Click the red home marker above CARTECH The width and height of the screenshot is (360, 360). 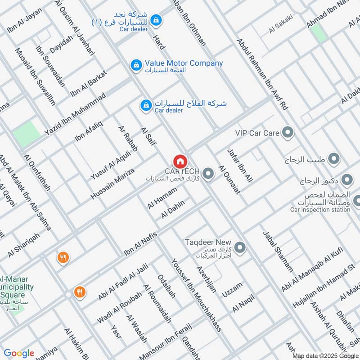180,161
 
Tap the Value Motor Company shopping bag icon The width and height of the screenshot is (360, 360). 135,65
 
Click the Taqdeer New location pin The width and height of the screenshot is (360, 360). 240,247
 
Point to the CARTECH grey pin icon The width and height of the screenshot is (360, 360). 208,173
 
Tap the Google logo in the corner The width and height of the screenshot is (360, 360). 19,353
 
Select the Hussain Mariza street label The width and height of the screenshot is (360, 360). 112,184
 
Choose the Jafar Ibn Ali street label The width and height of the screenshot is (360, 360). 240,165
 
